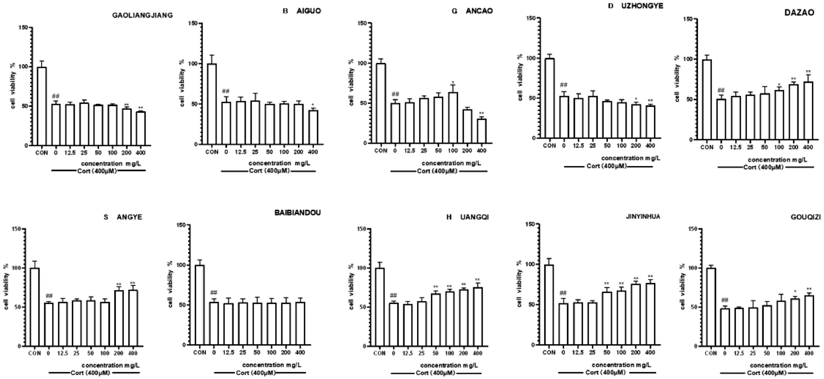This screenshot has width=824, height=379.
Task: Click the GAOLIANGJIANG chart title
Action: click(142, 15)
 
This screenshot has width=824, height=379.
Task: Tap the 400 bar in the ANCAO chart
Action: click(481, 131)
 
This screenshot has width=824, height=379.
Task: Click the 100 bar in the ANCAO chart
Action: click(453, 118)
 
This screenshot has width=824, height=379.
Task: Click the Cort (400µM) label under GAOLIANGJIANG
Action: click(97, 171)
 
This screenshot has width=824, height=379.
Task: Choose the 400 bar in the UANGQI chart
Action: click(478, 316)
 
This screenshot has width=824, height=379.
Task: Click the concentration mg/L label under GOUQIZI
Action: click(779, 365)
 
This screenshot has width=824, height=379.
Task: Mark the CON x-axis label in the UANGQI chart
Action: click(380, 353)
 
